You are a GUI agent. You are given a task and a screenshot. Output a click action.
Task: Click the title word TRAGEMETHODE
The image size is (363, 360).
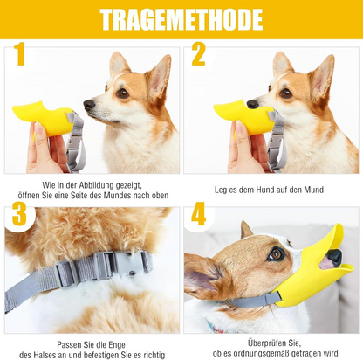point(181,20)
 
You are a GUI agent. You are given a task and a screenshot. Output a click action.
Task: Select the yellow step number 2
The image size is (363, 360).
point(199,56)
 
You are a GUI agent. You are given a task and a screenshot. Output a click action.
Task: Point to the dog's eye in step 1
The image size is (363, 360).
point(122,93)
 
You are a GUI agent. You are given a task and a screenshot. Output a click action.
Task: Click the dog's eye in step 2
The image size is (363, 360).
point(286,93)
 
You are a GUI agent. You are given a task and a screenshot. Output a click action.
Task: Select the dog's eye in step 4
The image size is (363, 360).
point(276,254)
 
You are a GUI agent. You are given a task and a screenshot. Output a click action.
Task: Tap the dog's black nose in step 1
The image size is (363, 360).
point(89,105)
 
